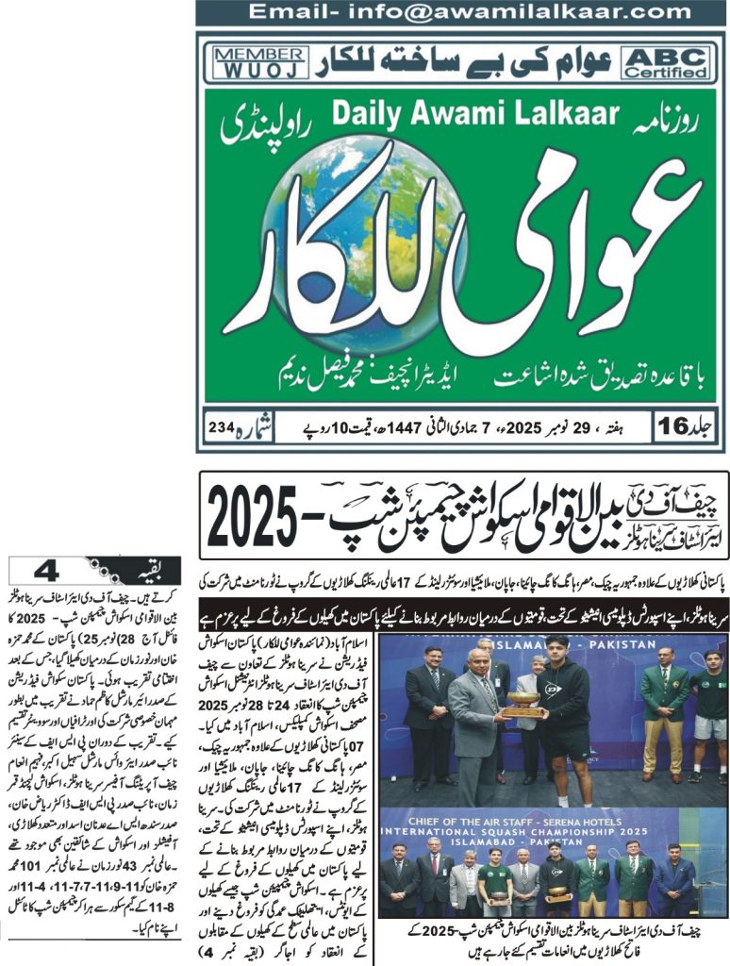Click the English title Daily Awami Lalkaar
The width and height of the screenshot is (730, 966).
coord(475,113)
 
